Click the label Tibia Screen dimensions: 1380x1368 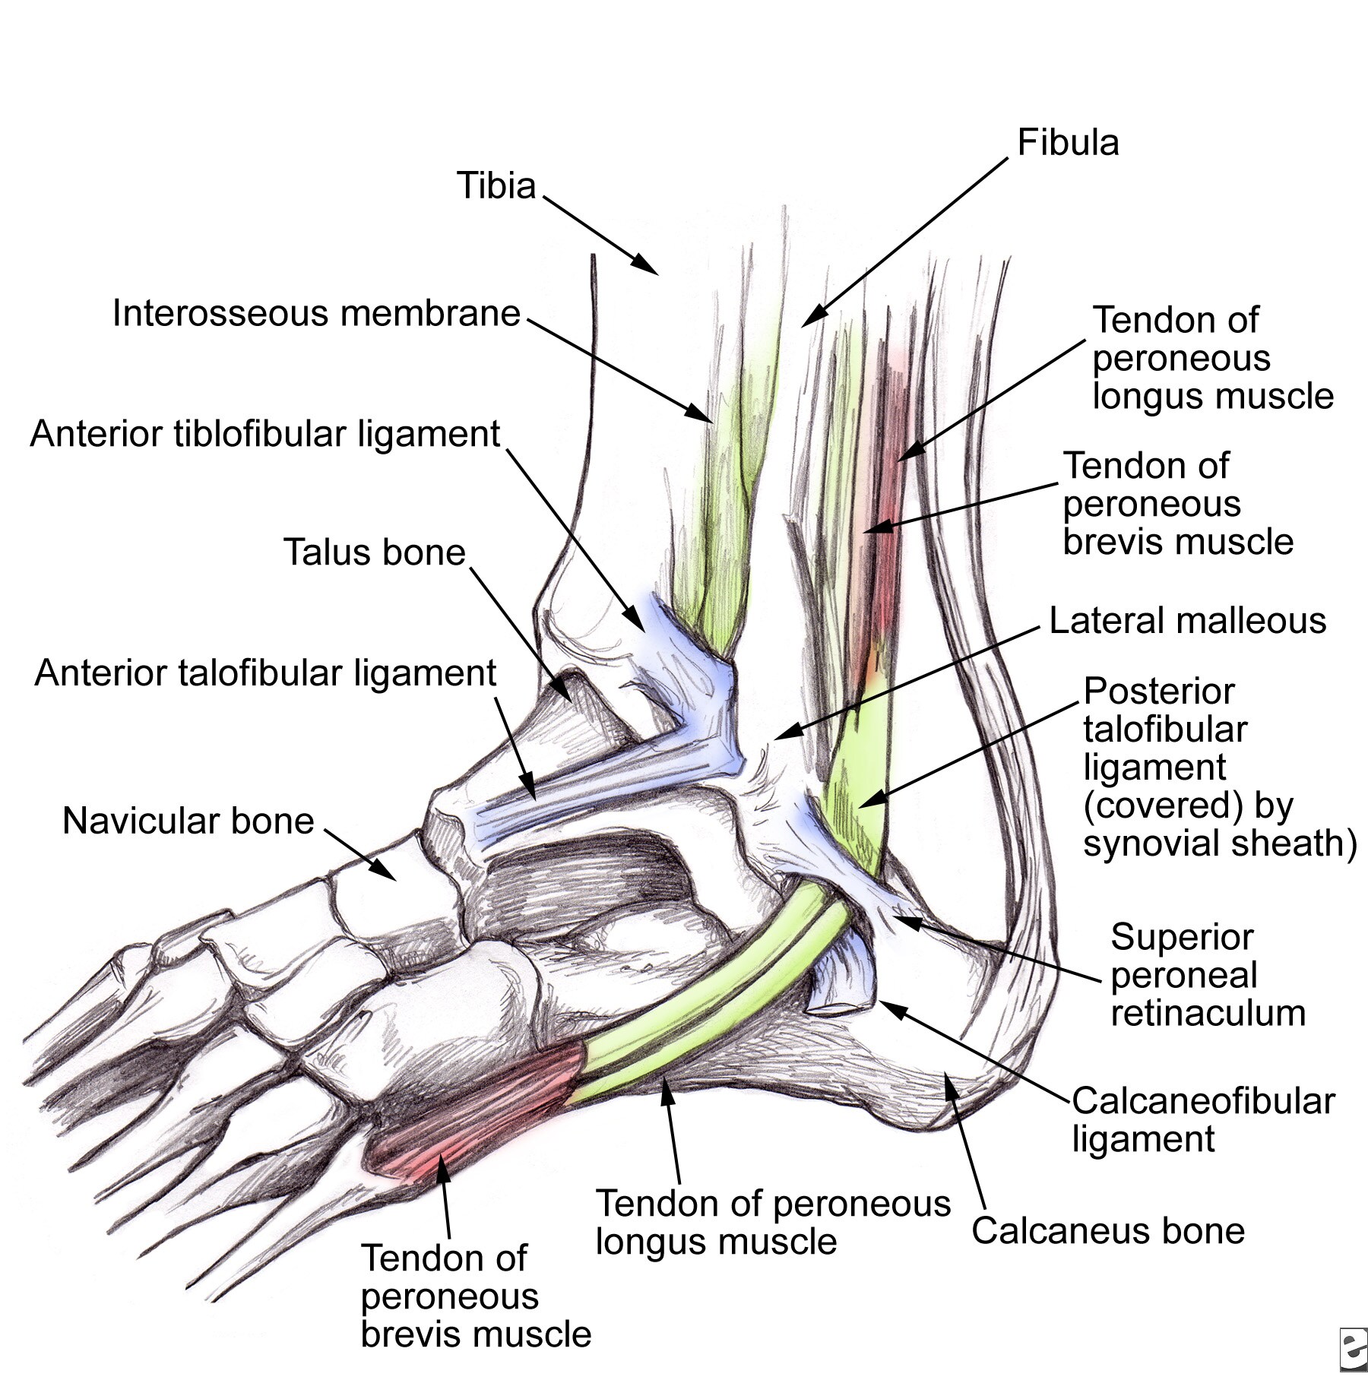coord(496,185)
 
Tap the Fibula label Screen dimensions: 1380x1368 coord(1068,143)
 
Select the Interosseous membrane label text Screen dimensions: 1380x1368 coord(316,313)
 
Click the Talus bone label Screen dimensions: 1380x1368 coord(374,552)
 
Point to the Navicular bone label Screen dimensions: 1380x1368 coord(188,821)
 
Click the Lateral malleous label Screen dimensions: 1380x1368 coord(1187,621)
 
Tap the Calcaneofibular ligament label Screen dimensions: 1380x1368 coord(1202,1120)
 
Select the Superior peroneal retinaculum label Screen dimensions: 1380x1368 coord(1207,975)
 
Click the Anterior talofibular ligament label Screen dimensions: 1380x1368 coord(265,673)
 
